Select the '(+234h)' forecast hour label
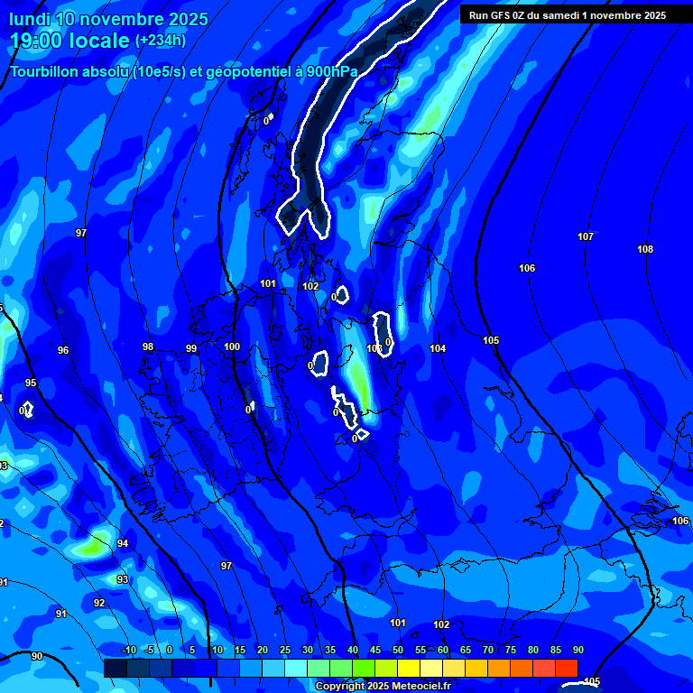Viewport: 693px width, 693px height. [161, 41]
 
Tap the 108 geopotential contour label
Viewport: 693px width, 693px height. [645, 249]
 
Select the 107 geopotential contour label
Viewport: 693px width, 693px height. [586, 236]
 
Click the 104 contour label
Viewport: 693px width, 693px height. [438, 348]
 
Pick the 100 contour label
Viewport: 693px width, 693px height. [232, 346]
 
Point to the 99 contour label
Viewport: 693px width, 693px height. [191, 348]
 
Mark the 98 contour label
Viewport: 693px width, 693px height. [148, 346]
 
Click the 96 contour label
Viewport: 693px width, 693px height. [63, 350]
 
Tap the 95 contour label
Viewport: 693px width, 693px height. [31, 383]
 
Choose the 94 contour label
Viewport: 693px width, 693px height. [123, 543]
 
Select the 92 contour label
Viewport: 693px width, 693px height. [99, 603]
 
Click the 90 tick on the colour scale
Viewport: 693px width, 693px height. [577, 650]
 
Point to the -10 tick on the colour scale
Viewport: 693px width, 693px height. [128, 650]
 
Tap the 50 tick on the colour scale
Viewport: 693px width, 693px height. [398, 650]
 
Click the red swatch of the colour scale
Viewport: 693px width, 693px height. [566, 668]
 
